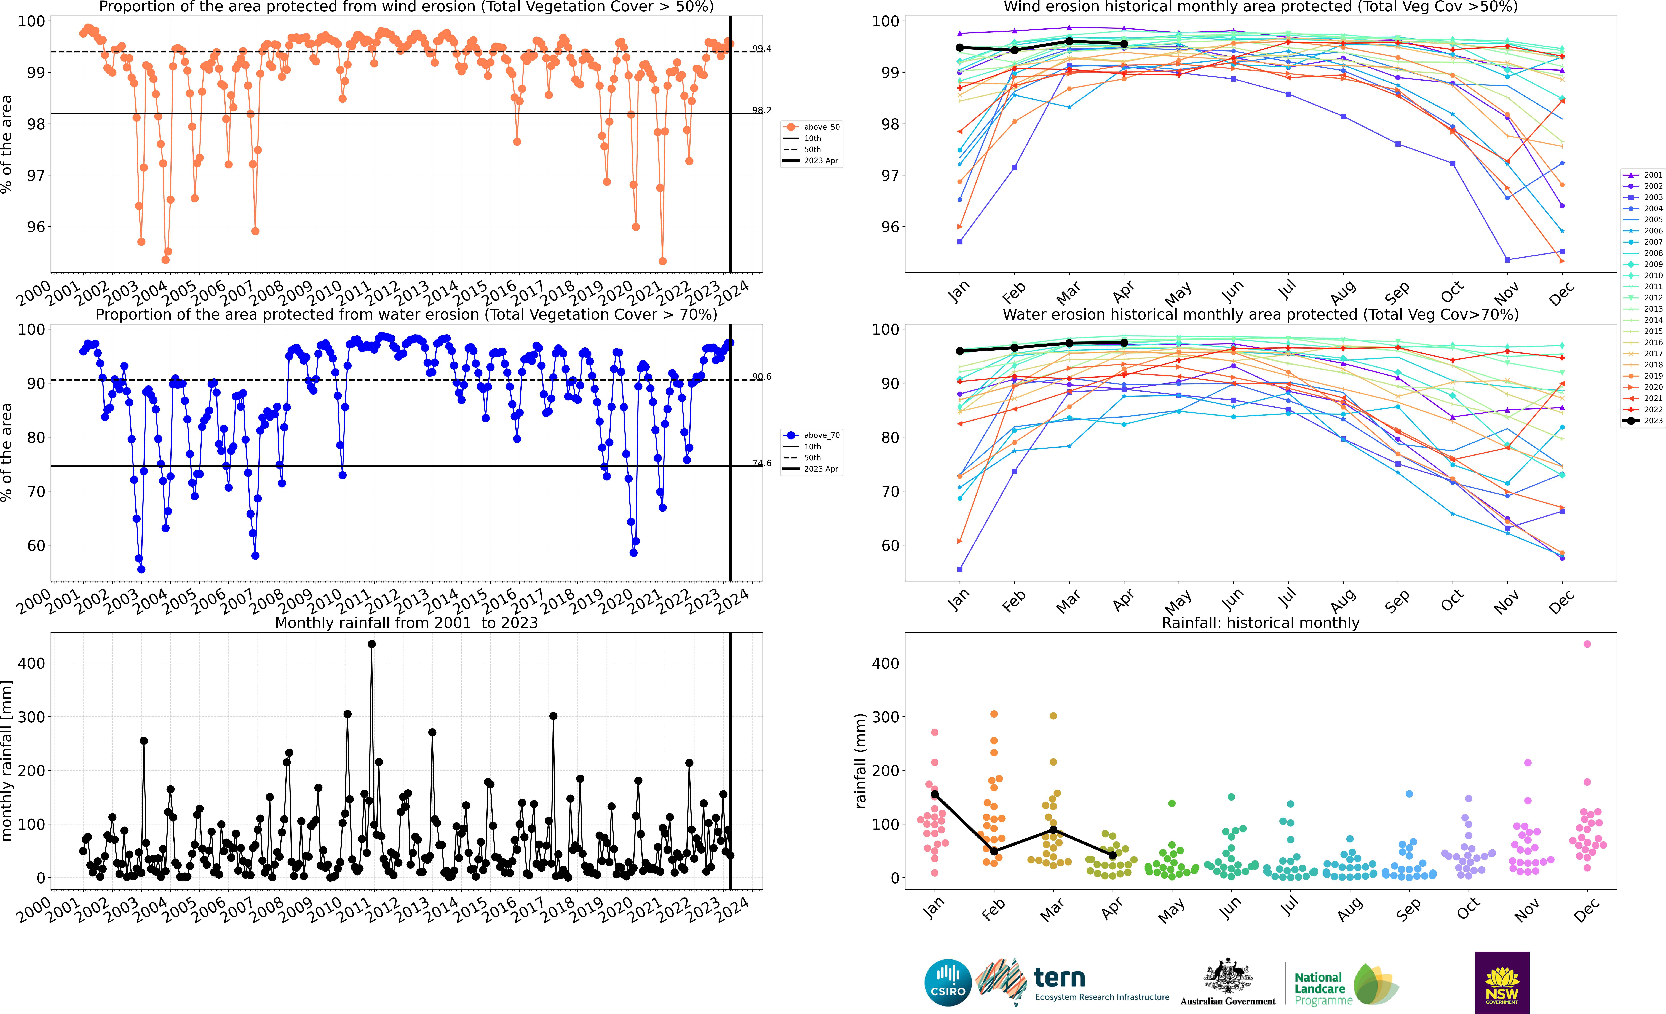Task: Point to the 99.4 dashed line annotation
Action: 761,49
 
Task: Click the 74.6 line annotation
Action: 761,463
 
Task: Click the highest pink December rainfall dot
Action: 1587,644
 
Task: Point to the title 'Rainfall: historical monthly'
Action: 1260,623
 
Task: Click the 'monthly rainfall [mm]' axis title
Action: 7,761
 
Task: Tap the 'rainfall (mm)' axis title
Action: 861,761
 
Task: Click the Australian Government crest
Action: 1227,977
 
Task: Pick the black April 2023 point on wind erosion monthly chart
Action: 1124,44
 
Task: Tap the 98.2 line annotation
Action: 761,110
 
